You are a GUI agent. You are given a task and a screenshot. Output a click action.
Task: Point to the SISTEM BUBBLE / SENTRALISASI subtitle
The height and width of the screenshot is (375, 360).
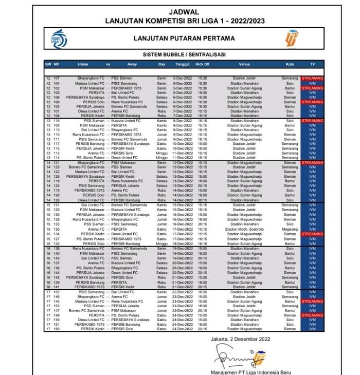184,54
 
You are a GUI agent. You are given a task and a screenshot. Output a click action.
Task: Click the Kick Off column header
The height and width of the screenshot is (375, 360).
203,64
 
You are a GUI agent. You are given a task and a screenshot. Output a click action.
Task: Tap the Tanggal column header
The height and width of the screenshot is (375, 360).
183,64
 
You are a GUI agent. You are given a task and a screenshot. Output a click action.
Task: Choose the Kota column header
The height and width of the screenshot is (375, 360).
290,64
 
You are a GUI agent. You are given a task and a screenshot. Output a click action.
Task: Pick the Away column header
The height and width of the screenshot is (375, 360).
132,64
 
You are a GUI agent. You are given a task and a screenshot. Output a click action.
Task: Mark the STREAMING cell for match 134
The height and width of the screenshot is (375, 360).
312,234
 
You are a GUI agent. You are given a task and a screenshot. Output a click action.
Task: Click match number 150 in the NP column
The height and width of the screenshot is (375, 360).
57,329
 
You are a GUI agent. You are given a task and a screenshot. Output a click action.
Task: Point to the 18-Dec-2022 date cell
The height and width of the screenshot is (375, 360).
183,243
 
